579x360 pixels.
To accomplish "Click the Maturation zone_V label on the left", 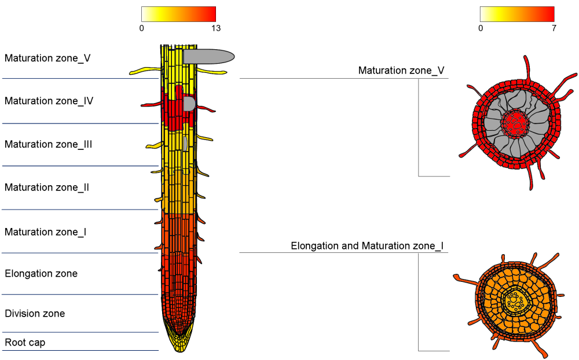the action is pyautogui.click(x=47, y=58).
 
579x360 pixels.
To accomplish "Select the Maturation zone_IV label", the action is pyautogui.click(x=49, y=101).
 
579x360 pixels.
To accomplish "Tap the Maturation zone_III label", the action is pyautogui.click(x=48, y=144).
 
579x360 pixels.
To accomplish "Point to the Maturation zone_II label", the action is pyautogui.click(x=46, y=188).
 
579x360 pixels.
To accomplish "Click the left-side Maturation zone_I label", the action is pyautogui.click(x=45, y=232).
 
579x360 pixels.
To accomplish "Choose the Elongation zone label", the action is pyautogui.click(x=41, y=274).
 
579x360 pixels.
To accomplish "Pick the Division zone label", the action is pyautogui.click(x=35, y=314).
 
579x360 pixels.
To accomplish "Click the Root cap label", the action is pyautogui.click(x=25, y=343).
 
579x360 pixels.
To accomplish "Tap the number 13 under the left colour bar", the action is pyautogui.click(x=216, y=28).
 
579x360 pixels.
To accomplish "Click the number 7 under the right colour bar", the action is pyautogui.click(x=554, y=28).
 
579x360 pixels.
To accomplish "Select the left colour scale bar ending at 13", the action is pyautogui.click(x=179, y=14).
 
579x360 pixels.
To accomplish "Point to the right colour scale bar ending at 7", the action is pyautogui.click(x=517, y=14).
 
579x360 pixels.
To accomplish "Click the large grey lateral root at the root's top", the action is pyautogui.click(x=208, y=57).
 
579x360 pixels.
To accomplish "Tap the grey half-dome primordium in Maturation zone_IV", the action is pyautogui.click(x=189, y=104).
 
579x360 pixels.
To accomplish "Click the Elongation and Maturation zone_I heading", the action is pyautogui.click(x=367, y=246).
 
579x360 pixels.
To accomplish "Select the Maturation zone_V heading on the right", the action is pyautogui.click(x=401, y=71).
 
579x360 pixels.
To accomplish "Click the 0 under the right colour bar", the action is pyautogui.click(x=481, y=28).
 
